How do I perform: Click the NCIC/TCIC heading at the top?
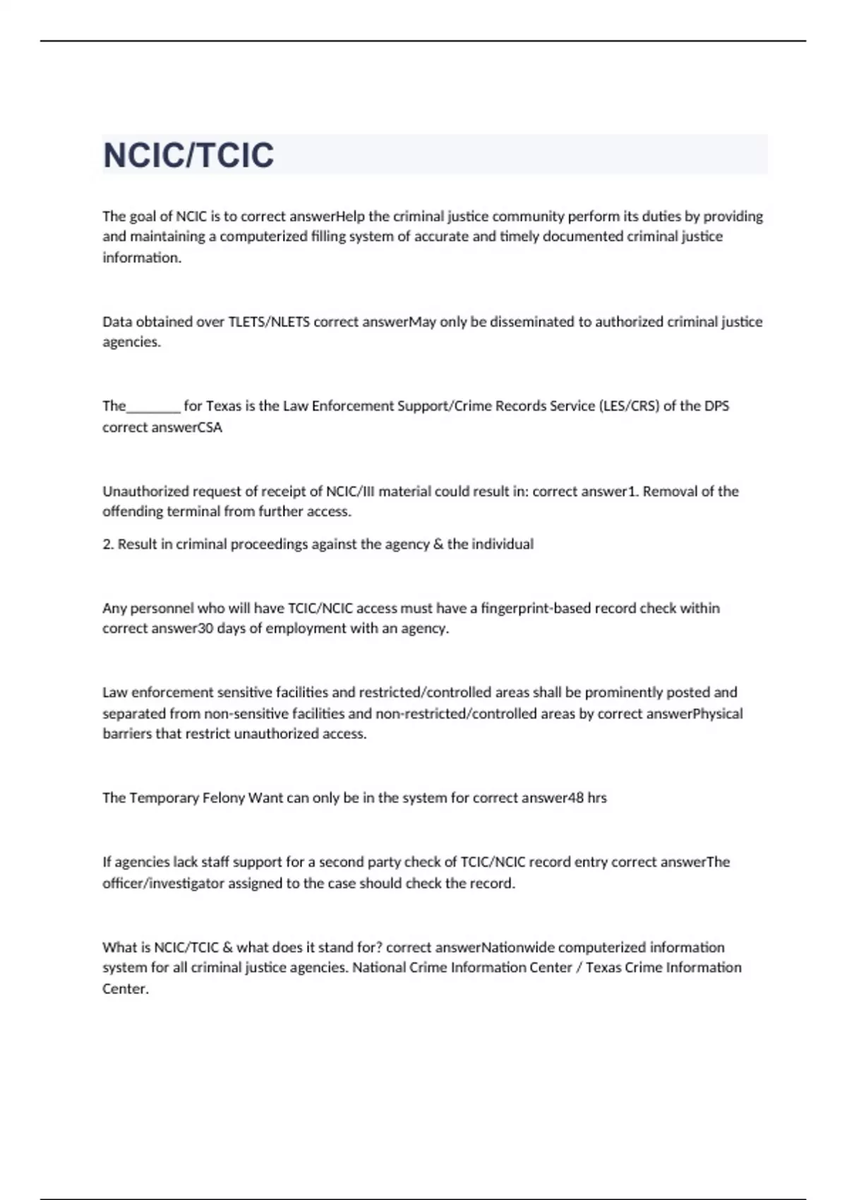188,155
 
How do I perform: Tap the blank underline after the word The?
154,407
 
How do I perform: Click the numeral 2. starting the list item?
108,544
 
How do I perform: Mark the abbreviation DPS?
716,406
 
